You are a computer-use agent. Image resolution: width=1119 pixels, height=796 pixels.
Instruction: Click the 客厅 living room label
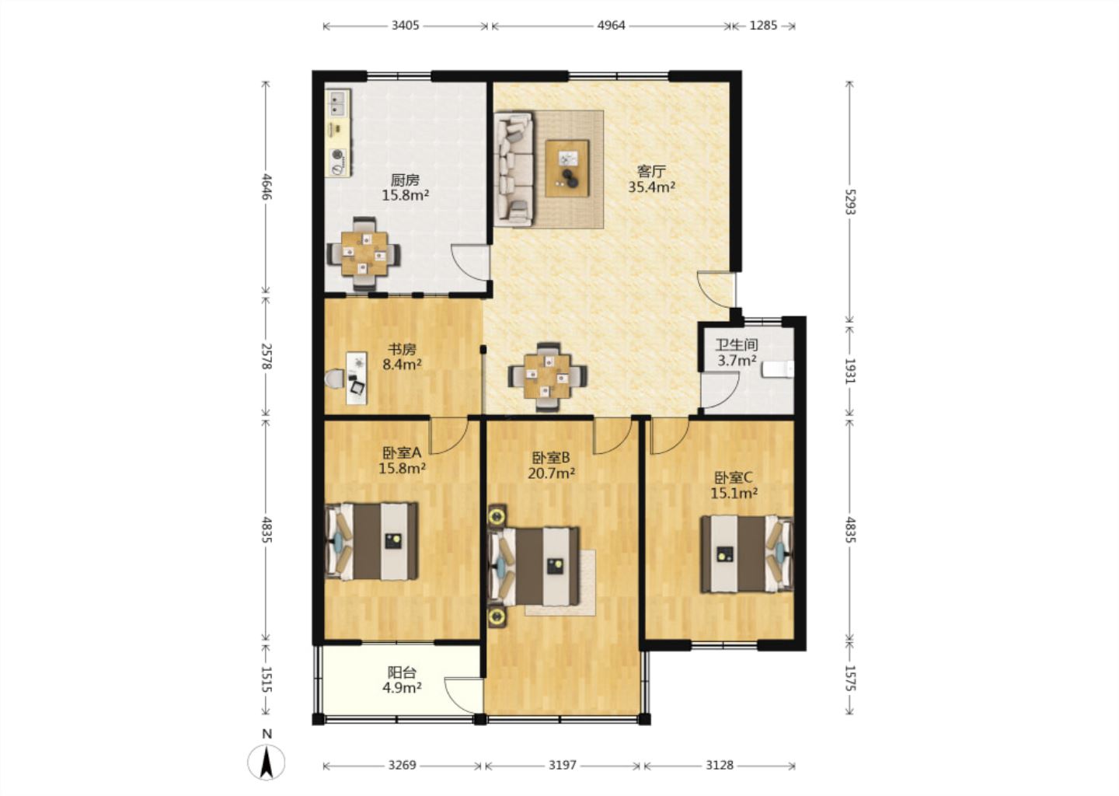click(x=651, y=171)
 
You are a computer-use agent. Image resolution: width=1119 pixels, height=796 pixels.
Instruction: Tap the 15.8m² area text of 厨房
click(x=405, y=195)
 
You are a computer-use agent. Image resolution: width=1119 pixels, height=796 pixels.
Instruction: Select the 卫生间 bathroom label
click(x=737, y=344)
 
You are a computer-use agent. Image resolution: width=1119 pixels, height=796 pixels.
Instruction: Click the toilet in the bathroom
click(x=778, y=369)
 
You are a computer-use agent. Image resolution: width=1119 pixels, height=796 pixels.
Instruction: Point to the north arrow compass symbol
click(x=267, y=763)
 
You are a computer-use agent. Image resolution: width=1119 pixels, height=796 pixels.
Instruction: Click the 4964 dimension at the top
click(x=611, y=26)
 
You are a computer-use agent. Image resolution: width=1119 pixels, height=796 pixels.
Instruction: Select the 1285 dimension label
click(x=763, y=26)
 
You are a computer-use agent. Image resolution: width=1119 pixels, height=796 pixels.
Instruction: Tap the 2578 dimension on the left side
click(x=267, y=357)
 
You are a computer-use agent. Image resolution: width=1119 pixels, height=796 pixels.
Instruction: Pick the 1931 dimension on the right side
click(x=850, y=371)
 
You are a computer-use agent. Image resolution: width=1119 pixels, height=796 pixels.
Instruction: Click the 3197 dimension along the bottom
click(x=563, y=765)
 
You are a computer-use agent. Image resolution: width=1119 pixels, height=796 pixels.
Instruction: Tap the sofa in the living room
click(x=514, y=168)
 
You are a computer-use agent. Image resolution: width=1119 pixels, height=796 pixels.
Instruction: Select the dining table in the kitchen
click(x=364, y=254)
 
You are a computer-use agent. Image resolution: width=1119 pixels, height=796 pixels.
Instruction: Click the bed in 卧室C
click(x=747, y=554)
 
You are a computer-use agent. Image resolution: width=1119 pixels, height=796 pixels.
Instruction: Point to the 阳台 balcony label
click(x=403, y=672)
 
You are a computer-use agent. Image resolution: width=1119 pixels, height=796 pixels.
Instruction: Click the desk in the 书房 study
click(x=357, y=379)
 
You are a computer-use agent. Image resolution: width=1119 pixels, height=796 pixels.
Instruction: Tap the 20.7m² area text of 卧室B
click(x=551, y=473)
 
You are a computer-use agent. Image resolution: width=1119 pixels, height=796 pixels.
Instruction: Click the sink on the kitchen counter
click(x=338, y=103)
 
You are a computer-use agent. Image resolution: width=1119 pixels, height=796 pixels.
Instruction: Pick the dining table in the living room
click(x=548, y=375)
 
